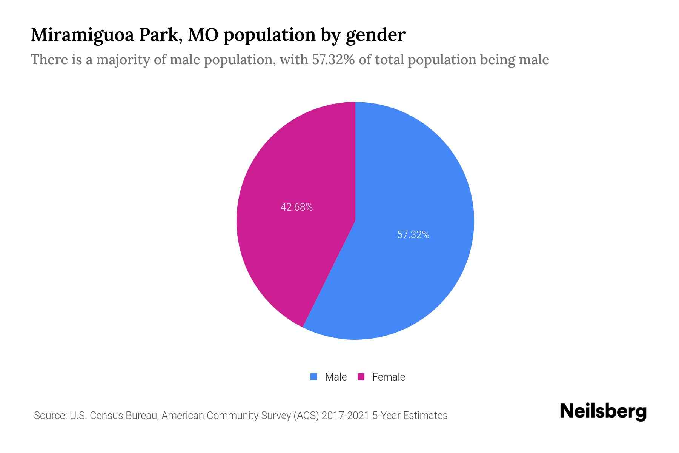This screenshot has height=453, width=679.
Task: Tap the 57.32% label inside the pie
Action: tap(413, 235)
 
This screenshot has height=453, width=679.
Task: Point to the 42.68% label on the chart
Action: tap(296, 207)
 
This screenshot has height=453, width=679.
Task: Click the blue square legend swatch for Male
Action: tap(313, 377)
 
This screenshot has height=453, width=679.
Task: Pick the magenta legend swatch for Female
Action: tap(361, 377)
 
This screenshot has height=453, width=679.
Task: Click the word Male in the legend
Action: tap(336, 377)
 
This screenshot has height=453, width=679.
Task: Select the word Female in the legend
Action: tap(389, 377)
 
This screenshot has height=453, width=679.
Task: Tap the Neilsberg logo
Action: tap(603, 411)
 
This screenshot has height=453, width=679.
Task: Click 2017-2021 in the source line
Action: tap(345, 416)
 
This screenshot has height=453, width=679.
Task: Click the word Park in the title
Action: tap(159, 35)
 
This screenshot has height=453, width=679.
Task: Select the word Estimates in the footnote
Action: tap(425, 416)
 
